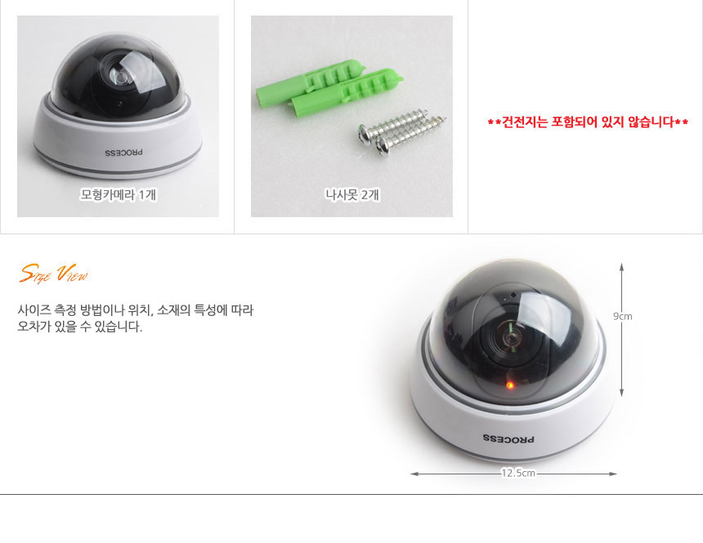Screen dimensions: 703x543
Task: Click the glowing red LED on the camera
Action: tap(510, 385)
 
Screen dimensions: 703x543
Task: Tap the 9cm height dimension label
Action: tap(622, 316)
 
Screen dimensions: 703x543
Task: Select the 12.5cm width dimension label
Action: tap(517, 473)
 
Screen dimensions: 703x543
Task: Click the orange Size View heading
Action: tap(54, 274)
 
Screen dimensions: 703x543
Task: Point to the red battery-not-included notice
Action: tap(588, 122)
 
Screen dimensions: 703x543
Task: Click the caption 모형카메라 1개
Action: tap(119, 194)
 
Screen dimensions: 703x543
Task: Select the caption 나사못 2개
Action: tap(352, 194)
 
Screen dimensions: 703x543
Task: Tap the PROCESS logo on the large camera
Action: tap(508, 438)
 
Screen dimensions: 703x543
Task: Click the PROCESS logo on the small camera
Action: tap(123, 153)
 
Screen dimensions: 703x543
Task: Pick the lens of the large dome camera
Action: tap(510, 336)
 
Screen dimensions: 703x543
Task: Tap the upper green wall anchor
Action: tap(311, 82)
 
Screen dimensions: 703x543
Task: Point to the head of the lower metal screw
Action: tap(383, 146)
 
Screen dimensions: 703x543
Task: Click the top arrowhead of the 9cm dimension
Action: tap(622, 266)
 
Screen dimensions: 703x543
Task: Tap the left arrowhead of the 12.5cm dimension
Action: tap(414, 474)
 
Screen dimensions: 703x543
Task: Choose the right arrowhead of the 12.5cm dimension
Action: tap(613, 474)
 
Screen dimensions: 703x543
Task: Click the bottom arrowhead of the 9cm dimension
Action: tap(622, 394)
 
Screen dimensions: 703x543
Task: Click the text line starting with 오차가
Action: tap(80, 327)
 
